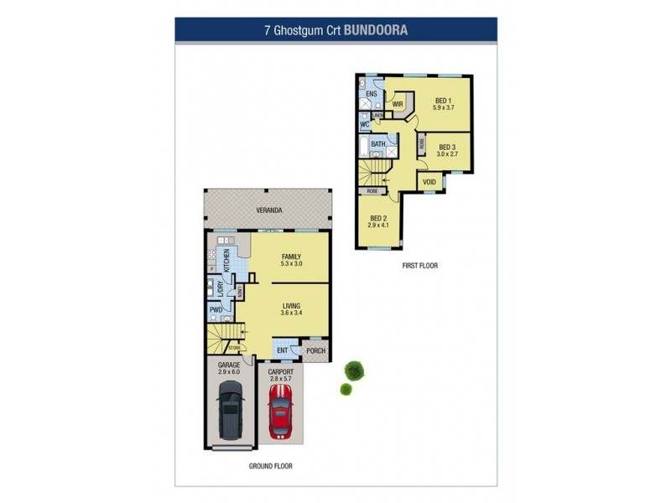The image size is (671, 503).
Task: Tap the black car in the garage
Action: (229, 410)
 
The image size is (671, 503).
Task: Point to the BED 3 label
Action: (447, 147)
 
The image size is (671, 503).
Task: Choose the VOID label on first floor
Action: (429, 182)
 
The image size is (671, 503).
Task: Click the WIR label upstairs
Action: (398, 105)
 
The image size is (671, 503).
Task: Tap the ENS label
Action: (371, 93)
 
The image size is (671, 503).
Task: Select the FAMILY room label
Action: (291, 257)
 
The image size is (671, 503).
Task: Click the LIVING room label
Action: (291, 306)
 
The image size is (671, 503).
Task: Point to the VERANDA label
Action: (269, 210)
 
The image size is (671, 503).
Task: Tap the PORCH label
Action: (315, 351)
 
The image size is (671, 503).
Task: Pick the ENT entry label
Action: (283, 350)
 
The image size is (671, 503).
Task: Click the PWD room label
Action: (215, 310)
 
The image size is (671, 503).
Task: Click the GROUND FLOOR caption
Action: (270, 465)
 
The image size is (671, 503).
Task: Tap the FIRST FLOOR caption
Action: (419, 266)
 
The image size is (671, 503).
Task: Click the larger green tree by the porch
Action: (355, 369)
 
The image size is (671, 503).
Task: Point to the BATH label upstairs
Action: (378, 144)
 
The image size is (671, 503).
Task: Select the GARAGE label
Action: (229, 366)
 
